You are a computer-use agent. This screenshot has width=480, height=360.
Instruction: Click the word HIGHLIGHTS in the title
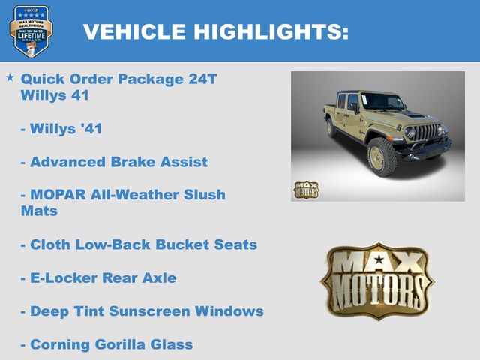(271, 31)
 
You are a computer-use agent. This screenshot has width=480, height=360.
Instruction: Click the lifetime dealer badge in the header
(31, 31)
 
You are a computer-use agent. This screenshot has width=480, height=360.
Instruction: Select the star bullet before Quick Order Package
(10, 77)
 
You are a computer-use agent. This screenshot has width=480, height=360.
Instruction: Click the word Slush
(201, 194)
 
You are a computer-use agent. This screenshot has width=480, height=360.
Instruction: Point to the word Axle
(158, 277)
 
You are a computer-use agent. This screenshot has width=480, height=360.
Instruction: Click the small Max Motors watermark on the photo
(306, 190)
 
